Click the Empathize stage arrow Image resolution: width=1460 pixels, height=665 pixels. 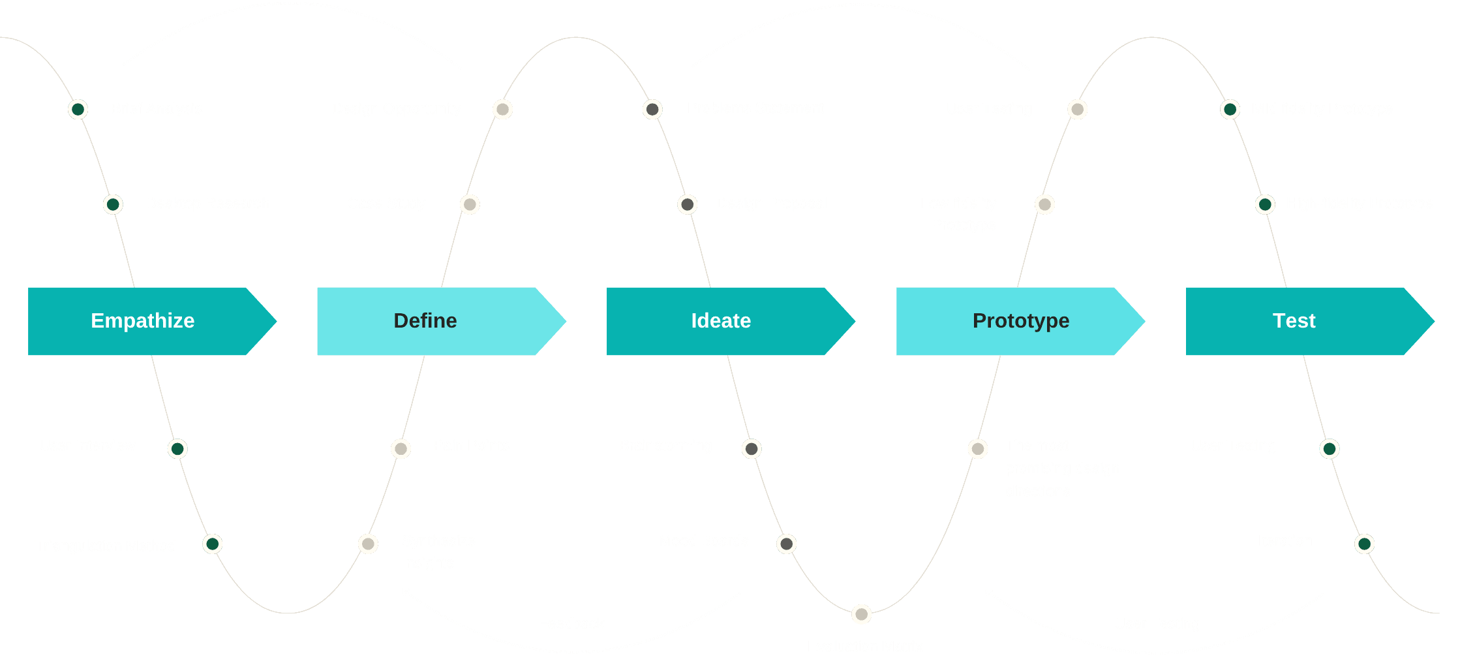(x=144, y=321)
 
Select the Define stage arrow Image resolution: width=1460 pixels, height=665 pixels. (x=426, y=321)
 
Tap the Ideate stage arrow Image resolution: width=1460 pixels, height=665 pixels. (x=721, y=321)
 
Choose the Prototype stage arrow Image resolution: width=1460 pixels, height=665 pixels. (x=1021, y=321)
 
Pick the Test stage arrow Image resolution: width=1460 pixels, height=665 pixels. (x=1294, y=321)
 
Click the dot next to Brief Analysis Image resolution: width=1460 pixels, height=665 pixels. (x=78, y=109)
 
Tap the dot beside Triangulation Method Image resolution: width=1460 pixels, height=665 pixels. (x=212, y=544)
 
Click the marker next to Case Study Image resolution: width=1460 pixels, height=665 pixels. (x=470, y=204)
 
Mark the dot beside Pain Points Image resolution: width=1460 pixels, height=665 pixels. (x=401, y=449)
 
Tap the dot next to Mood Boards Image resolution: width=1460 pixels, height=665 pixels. (x=786, y=544)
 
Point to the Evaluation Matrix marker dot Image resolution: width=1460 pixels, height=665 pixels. (x=861, y=614)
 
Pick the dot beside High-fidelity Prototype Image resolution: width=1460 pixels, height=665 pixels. (x=1265, y=204)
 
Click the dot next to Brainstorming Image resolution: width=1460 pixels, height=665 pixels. (x=752, y=449)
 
